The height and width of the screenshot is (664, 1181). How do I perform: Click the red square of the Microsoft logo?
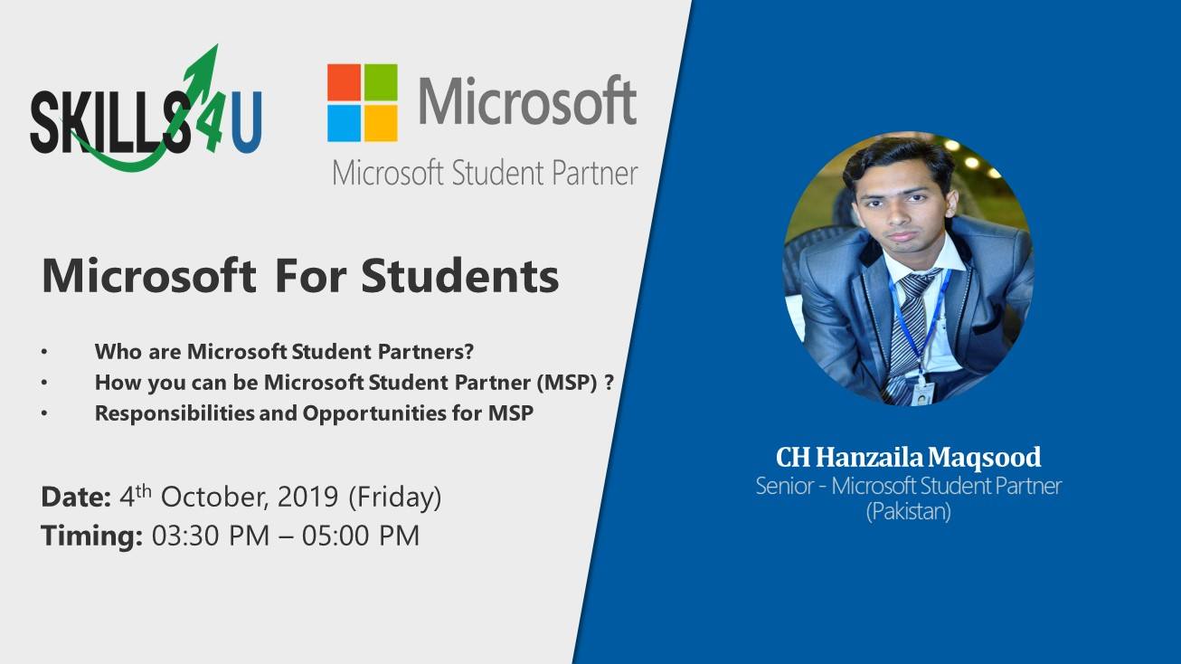pos(345,82)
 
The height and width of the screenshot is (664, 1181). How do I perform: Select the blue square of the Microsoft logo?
pos(345,123)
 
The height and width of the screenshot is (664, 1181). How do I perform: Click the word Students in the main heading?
pos(459,276)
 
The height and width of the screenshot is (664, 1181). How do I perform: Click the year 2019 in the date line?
pos(307,497)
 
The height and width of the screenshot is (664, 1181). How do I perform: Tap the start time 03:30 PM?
pos(211,536)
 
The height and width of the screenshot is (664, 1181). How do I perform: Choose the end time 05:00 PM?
pos(361,536)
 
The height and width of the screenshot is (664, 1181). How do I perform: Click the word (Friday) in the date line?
pos(395,498)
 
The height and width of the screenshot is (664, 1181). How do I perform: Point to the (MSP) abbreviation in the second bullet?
pos(567,383)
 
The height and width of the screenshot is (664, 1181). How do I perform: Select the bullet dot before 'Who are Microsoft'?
pos(44,352)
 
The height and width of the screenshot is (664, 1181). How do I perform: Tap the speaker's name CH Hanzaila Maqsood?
pos(909,457)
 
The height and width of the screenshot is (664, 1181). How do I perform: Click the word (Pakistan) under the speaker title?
pos(909,511)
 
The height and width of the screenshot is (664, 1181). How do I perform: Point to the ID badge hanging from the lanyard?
pos(923,394)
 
